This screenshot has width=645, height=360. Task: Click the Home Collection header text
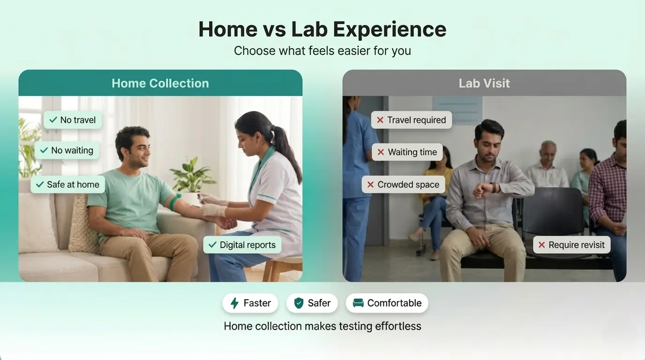coord(160,83)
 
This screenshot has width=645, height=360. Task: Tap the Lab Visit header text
coord(484,83)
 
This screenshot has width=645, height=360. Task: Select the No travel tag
coord(73,120)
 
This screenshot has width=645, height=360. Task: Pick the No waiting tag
coord(67,150)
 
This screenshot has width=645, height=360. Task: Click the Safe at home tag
coord(67,185)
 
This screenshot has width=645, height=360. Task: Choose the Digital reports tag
coord(242,245)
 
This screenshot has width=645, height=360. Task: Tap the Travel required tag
coord(412,120)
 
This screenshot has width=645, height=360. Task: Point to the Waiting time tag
coord(407,152)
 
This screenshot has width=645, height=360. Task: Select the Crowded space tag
coord(403,185)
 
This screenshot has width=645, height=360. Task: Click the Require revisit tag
coord(571,245)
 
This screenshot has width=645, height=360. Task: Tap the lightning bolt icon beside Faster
coord(235,303)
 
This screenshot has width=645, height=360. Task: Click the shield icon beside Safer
coord(299,303)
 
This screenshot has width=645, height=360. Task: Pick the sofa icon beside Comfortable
coord(358,303)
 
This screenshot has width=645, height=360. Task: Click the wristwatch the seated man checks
coord(493,187)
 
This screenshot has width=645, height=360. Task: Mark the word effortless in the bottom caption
coord(398,326)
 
